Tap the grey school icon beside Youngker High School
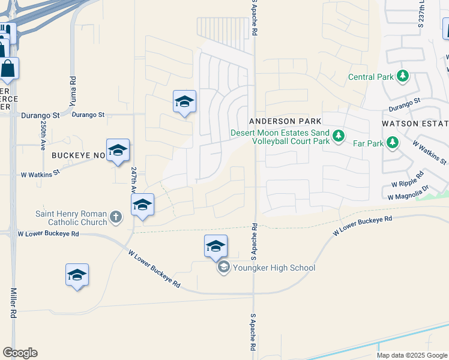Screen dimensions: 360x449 (x=224, y=268)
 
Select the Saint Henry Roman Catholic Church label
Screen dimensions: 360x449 (x=71, y=218)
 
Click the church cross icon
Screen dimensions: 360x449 (x=116, y=217)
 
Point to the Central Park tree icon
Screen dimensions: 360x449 (x=403, y=76)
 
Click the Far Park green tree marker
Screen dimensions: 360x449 (x=393, y=143)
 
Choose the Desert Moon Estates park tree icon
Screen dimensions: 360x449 (x=339, y=136)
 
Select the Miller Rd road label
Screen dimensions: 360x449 (x=13, y=303)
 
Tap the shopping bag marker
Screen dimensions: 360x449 (x=8, y=68)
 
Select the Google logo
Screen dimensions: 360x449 (x=20, y=353)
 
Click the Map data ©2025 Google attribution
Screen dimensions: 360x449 (x=411, y=355)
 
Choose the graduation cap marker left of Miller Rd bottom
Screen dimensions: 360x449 (x=77, y=275)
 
